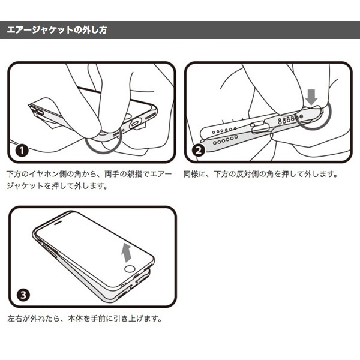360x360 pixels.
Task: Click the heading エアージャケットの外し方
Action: click(x=57, y=30)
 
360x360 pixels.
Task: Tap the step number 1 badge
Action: click(x=22, y=151)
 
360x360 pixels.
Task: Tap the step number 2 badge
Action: click(x=199, y=151)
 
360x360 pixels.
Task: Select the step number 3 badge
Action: click(x=23, y=295)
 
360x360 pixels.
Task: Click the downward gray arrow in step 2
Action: click(x=311, y=97)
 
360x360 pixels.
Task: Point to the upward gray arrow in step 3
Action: click(x=126, y=253)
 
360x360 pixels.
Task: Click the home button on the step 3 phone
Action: click(x=130, y=269)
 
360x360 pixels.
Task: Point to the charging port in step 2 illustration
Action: click(x=261, y=128)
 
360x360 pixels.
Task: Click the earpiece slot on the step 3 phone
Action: click(x=58, y=223)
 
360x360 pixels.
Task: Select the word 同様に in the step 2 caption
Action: click(x=194, y=174)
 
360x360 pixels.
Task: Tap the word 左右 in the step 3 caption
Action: click(x=14, y=319)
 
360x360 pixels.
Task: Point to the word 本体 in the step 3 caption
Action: click(x=76, y=319)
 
